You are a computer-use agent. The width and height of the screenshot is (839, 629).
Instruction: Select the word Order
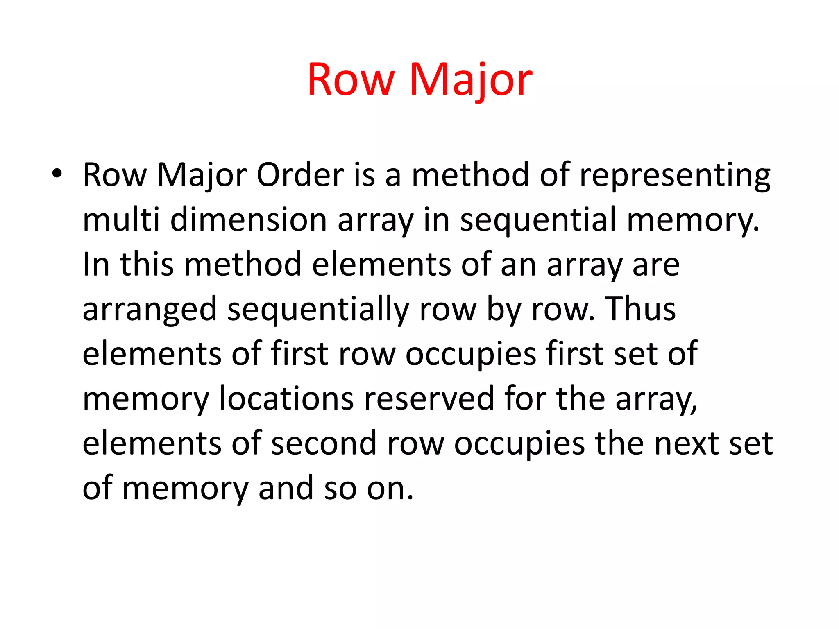coord(300,175)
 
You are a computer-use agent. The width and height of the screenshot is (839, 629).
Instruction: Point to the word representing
coord(675,175)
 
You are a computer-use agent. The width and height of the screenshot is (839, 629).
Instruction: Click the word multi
coord(121,219)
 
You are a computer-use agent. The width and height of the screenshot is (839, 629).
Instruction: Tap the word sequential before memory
coord(538,219)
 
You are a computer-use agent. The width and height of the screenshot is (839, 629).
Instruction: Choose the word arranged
coord(150,310)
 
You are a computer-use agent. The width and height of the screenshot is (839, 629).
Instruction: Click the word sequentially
coord(318,310)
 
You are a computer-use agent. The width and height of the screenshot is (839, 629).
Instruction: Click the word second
coord(324,443)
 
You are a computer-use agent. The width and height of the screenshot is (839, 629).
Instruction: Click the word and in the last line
coord(286,488)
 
